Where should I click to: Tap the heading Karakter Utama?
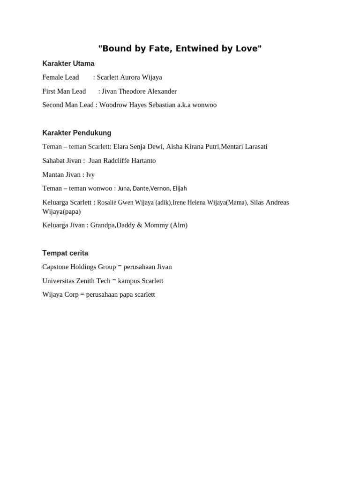tap(68, 64)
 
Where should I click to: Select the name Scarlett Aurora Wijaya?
tap(129, 77)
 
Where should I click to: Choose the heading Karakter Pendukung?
tap(77, 133)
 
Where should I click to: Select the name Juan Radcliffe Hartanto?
tap(122, 161)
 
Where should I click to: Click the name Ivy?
tap(90, 175)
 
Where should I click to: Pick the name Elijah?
tap(180, 188)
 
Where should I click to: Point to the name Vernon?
tap(160, 188)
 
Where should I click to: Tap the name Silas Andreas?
tap(270, 202)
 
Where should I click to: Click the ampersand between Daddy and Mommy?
tap(140, 225)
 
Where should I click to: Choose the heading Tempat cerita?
tap(65, 253)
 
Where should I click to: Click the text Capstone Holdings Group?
tap(79, 267)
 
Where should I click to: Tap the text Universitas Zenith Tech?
tap(76, 281)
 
